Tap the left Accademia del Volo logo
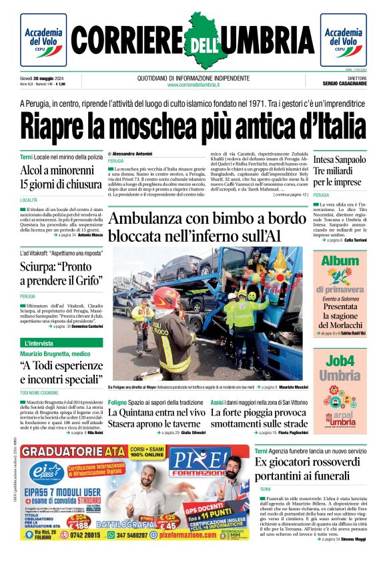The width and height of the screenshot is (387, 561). [x=43, y=40]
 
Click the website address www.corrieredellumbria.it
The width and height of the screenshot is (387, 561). [x=193, y=85]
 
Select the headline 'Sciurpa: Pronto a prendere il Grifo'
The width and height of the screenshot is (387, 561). [x=61, y=273]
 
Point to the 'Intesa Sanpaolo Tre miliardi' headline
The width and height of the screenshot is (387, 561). [x=340, y=170]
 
